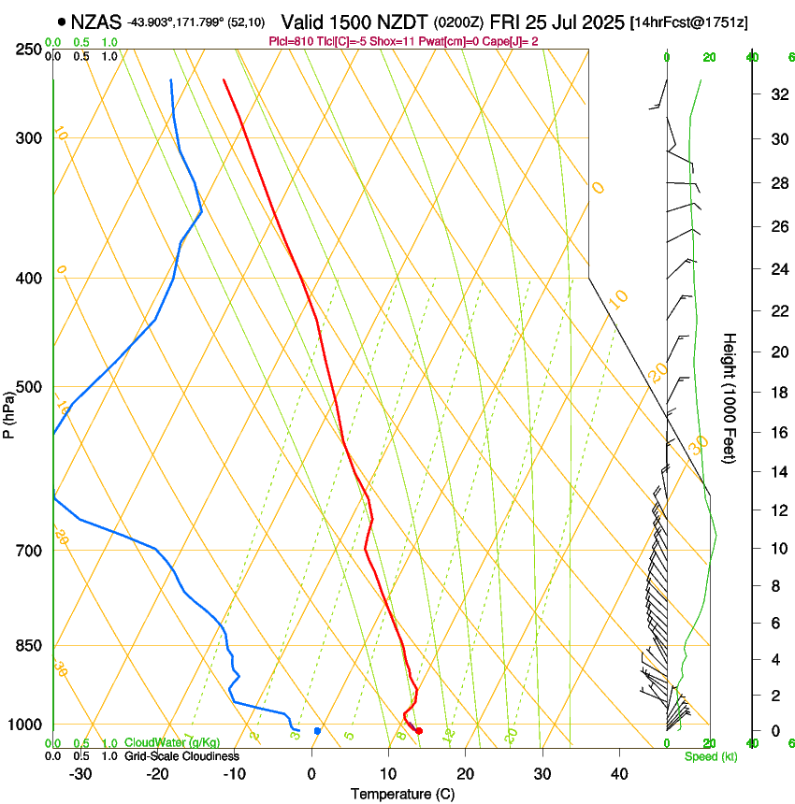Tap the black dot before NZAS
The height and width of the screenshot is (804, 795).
61,22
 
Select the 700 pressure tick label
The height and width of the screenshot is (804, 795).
31,551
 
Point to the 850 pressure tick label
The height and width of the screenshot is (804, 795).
31,646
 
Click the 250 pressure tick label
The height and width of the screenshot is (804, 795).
31,49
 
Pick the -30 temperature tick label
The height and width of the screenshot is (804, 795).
80,774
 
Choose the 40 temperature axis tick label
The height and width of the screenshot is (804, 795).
618,774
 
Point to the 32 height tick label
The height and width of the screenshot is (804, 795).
777,94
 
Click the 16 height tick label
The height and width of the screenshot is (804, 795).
777,433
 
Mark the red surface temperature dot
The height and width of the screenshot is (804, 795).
418,731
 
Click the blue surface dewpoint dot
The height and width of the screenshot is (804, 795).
318,731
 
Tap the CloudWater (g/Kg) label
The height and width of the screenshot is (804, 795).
172,743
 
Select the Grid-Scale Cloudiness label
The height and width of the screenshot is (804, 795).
181,756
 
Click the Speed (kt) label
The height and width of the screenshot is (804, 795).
710,756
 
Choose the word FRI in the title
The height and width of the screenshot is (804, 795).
520,22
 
